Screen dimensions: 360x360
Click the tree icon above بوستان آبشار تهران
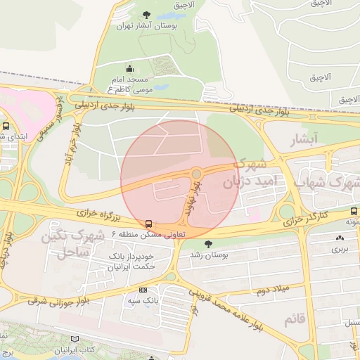point(146,14)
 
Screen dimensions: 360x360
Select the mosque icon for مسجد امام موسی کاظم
point(129,68)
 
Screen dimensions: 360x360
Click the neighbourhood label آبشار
point(304,139)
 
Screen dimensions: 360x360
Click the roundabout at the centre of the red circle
point(196,174)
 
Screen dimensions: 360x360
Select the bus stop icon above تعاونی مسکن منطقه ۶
point(148,223)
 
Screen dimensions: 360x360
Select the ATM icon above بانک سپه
point(143,290)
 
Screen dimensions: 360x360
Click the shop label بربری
point(340,249)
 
